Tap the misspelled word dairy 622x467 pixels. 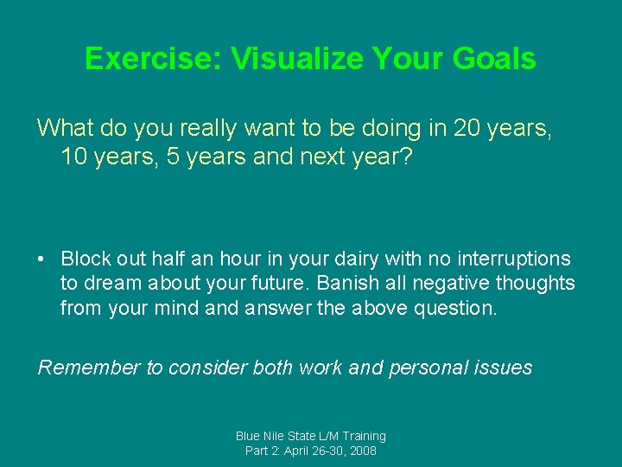(x=312, y=259)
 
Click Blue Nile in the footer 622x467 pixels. (x=261, y=436)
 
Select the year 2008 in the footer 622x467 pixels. (x=362, y=451)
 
